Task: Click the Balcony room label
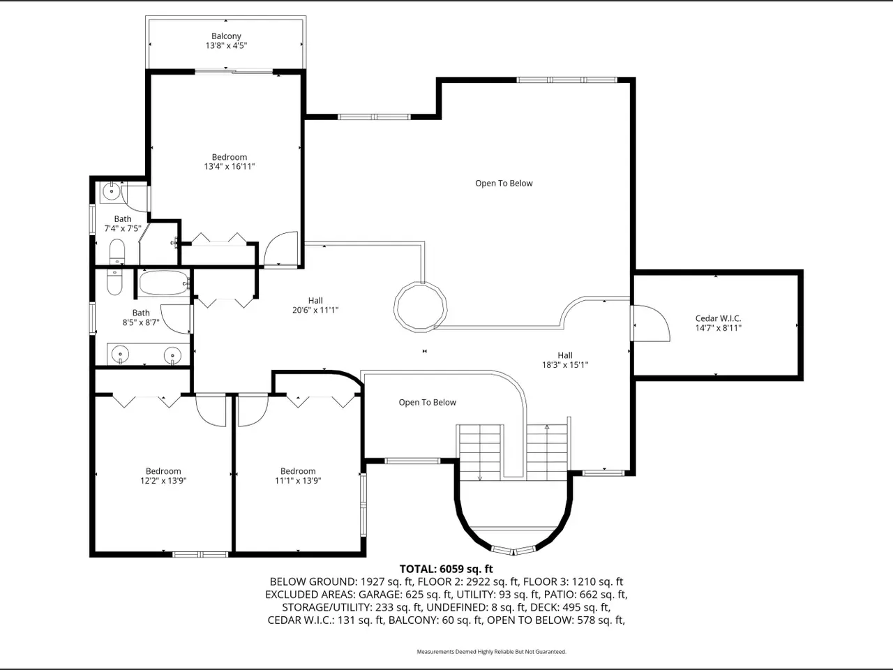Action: coord(226,40)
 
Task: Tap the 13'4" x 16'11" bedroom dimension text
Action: coord(230,166)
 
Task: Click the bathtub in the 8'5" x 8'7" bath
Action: coord(164,283)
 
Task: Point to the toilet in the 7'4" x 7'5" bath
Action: coord(117,251)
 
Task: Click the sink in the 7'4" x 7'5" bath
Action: coord(111,191)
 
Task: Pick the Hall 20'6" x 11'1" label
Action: coord(315,305)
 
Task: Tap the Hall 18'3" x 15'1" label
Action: coord(565,360)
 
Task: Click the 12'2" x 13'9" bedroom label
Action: coord(163,476)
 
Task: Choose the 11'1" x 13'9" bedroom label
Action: coord(298,476)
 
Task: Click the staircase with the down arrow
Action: coord(480,452)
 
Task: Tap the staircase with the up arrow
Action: coord(547,452)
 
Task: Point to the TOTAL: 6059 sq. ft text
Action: coord(446,569)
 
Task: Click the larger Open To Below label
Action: coord(504,184)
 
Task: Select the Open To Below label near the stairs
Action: coord(427,402)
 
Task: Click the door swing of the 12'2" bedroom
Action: coord(211,410)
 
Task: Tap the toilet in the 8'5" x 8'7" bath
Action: coord(114,281)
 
